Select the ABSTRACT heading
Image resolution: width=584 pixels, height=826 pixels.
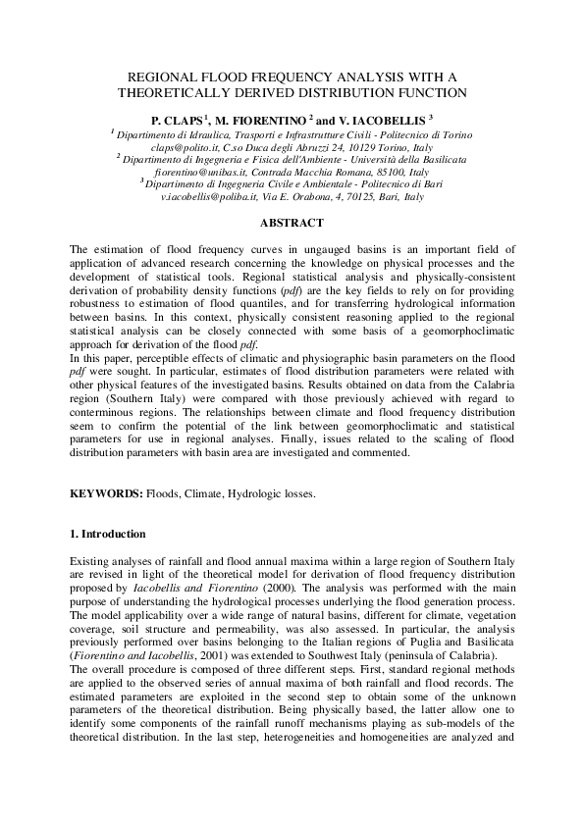292,224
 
